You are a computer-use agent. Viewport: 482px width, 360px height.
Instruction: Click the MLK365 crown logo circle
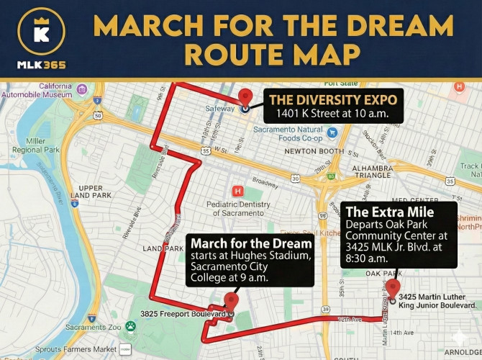click(x=41, y=32)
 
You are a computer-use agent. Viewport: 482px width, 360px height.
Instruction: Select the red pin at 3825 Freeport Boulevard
click(x=231, y=302)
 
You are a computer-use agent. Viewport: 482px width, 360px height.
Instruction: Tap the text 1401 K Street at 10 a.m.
click(x=332, y=114)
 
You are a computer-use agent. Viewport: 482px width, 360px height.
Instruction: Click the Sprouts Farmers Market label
click(x=60, y=349)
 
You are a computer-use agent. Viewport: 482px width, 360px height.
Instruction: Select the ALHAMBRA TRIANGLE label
click(x=373, y=170)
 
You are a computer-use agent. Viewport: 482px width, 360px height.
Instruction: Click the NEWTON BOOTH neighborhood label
click(x=314, y=151)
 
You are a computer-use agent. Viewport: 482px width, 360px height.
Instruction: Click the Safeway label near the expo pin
click(x=219, y=109)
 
